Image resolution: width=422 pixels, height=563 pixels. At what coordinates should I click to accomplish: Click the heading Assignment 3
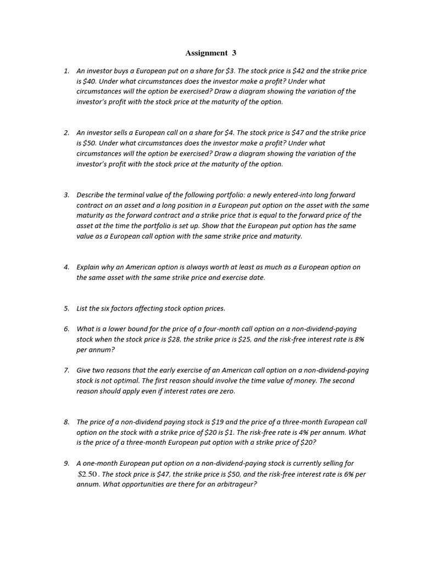[x=210, y=53]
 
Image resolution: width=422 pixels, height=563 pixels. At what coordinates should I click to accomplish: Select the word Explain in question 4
[x=88, y=267]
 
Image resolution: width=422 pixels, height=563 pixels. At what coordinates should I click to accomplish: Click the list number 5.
[x=66, y=308]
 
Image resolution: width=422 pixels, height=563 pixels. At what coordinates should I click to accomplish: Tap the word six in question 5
[x=105, y=308]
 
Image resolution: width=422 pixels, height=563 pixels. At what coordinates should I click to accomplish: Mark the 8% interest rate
[x=359, y=339]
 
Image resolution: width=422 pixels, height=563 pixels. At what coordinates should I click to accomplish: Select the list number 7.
[x=66, y=370]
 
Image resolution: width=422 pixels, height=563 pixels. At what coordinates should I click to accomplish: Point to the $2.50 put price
[x=87, y=474]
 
